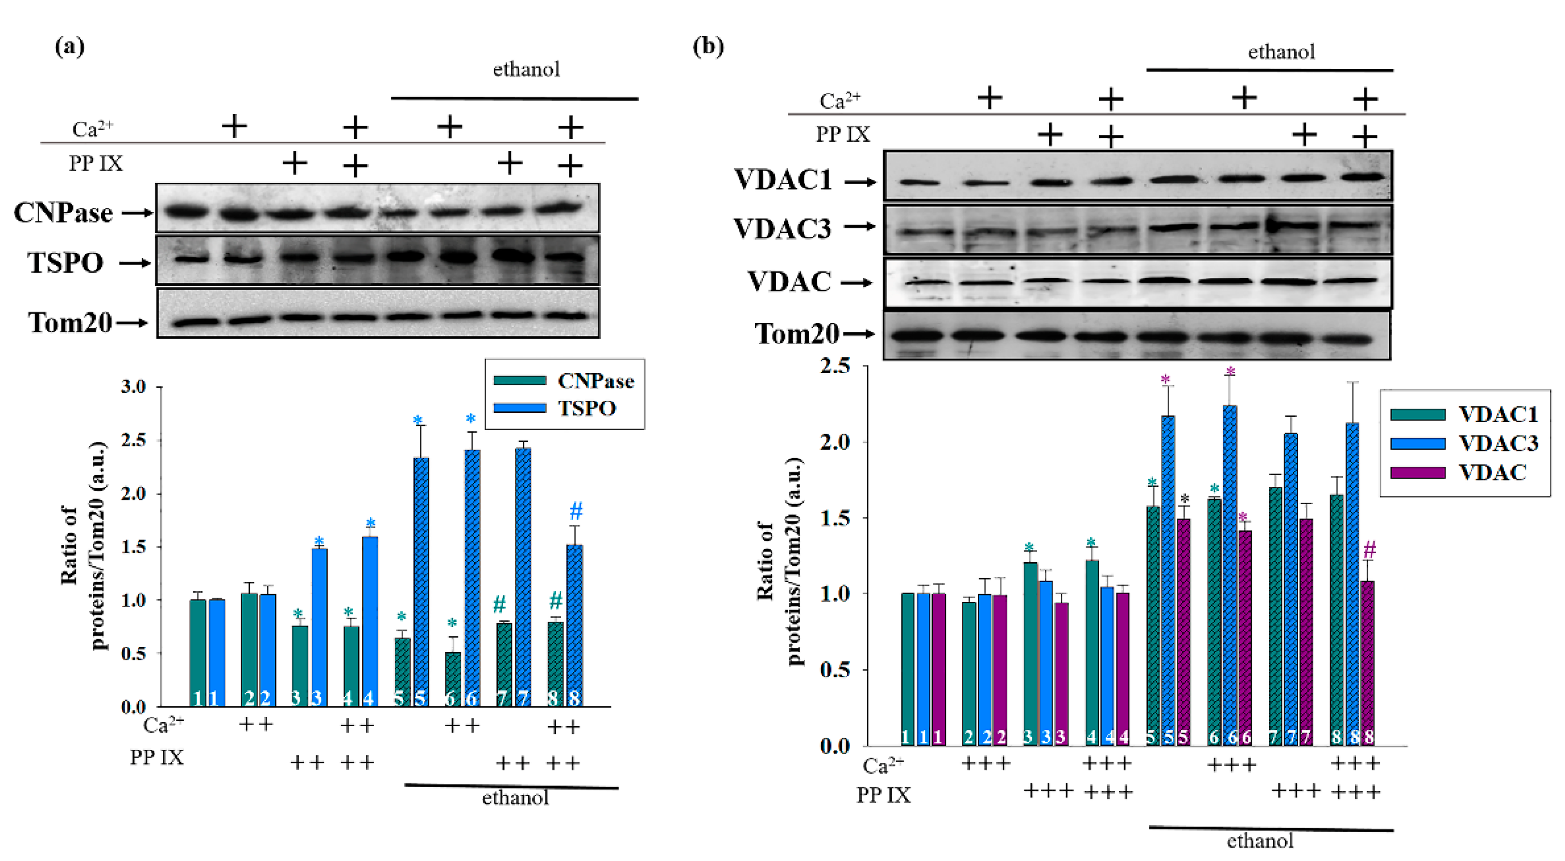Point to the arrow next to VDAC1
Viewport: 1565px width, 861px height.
point(860,182)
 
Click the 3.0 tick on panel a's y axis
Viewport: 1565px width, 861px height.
point(134,386)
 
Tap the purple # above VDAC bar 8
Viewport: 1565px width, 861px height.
point(1369,550)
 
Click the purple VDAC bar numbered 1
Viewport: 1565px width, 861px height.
point(939,669)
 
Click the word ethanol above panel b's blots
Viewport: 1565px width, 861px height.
point(1281,52)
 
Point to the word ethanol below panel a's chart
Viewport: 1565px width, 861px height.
point(515,798)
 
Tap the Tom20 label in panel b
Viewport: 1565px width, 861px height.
point(796,334)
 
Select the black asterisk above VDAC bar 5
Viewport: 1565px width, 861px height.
point(1184,499)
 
